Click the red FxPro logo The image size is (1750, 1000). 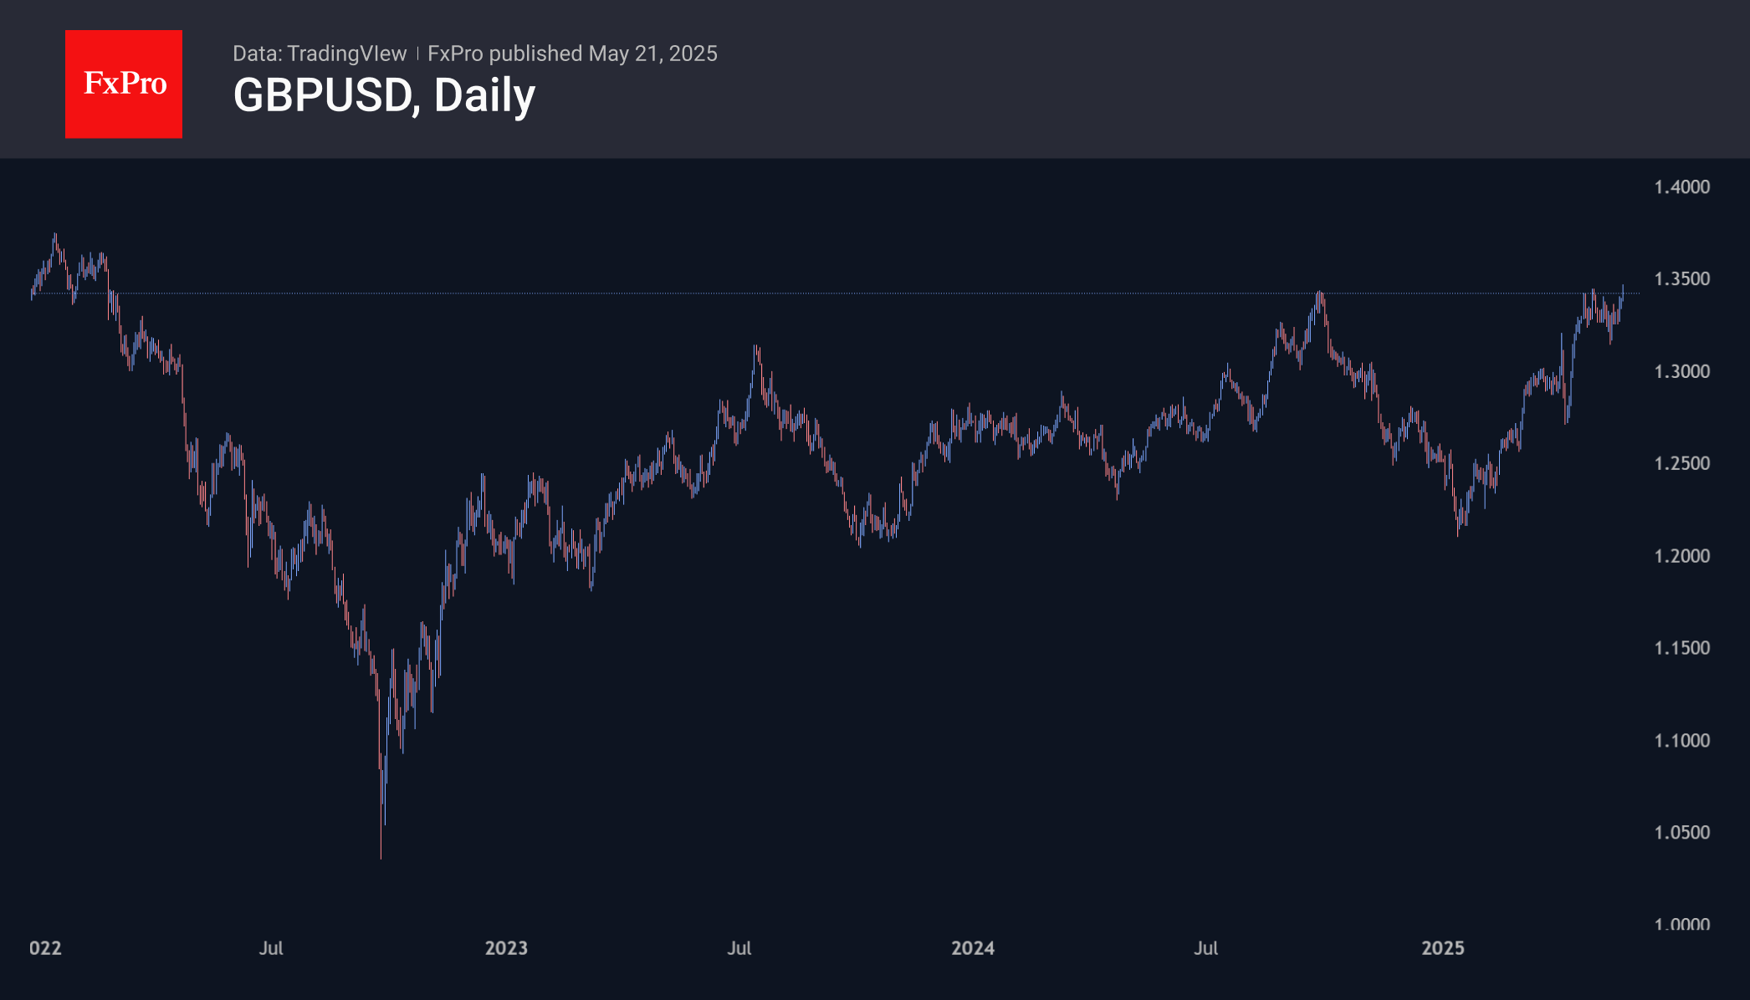(124, 84)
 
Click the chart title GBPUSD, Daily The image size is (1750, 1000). (384, 95)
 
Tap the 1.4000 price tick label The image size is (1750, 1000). (1681, 186)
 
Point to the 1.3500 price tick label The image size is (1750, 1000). (1681, 278)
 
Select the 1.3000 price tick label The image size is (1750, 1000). (1681, 371)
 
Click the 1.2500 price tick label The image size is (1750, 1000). (1681, 463)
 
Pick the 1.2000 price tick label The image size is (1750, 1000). (1681, 556)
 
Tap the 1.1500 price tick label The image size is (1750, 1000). (1681, 648)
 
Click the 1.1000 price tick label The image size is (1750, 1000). (1681, 741)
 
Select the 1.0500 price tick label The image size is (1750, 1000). (1681, 833)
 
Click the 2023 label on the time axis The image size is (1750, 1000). (506, 948)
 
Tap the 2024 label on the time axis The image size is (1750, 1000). (973, 948)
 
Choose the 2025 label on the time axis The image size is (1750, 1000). (1443, 948)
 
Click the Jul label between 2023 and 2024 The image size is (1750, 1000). (739, 948)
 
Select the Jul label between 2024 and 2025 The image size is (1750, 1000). (1205, 948)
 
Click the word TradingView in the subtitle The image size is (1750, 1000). (346, 54)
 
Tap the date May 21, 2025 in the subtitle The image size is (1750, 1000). (652, 54)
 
